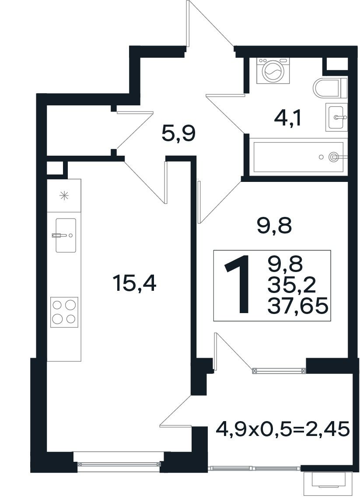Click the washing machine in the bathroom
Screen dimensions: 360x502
(x=273, y=71)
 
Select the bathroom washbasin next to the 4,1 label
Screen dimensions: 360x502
(x=336, y=117)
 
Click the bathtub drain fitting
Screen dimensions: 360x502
(x=334, y=157)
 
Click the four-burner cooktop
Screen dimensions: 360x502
(x=64, y=312)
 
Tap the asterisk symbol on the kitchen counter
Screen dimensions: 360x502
(x=64, y=195)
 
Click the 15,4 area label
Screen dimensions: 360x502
(x=134, y=284)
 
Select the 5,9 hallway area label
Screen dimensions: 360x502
(x=178, y=134)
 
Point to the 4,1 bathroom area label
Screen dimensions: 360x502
(x=288, y=119)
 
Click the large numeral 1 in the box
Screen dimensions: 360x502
(x=238, y=284)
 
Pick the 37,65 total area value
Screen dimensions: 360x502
(x=298, y=305)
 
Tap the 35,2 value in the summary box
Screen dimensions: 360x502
(x=291, y=285)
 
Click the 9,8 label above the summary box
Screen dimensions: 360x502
(x=275, y=226)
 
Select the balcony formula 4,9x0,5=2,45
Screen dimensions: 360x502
(x=282, y=429)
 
